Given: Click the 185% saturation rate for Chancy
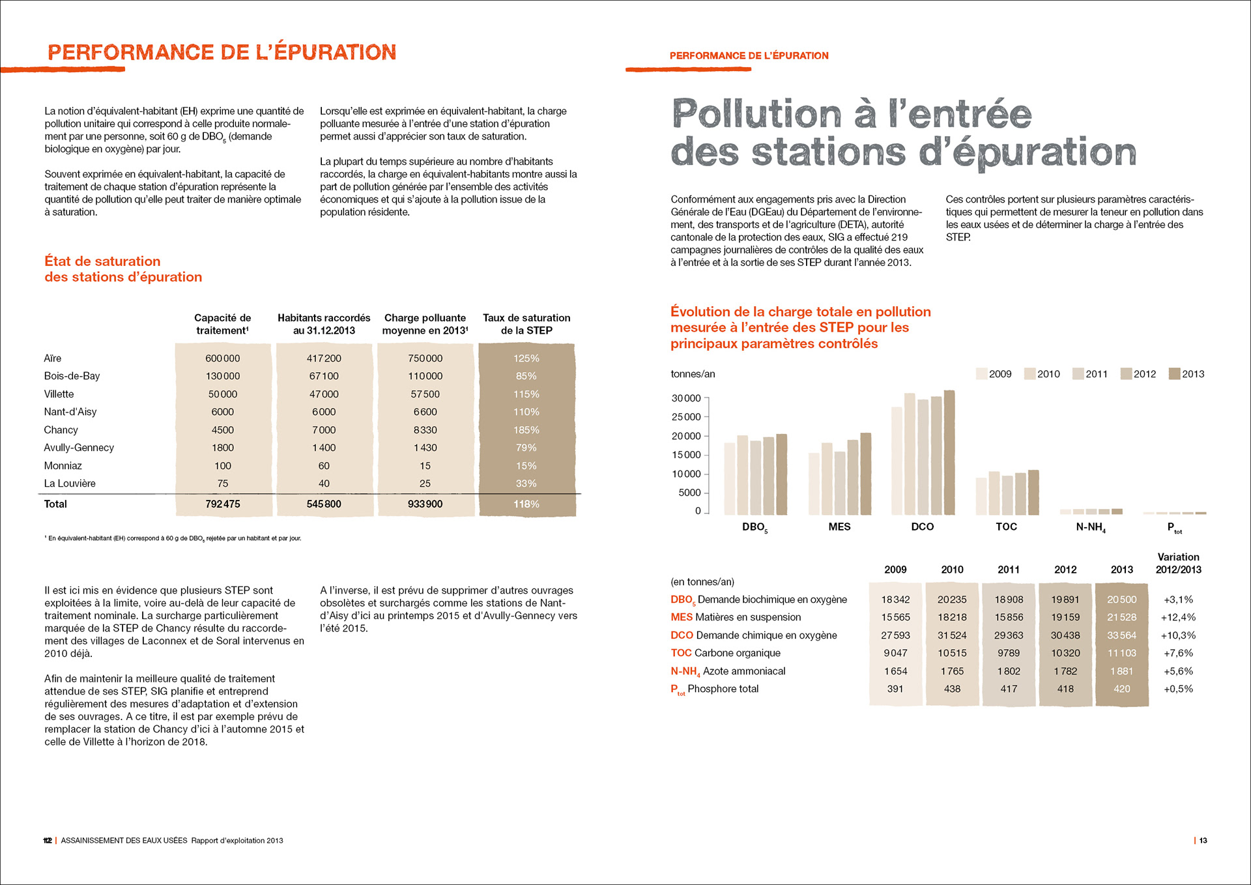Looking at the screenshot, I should [x=526, y=430].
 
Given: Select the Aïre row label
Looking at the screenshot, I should [x=53, y=358].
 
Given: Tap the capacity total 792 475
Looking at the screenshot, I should [x=222, y=504].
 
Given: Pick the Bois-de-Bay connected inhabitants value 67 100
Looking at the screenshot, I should [x=324, y=376].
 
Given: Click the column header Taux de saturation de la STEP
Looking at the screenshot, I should [x=526, y=324].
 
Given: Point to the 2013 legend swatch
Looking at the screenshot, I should [x=1174, y=374].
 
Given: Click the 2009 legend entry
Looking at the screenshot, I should [x=994, y=374].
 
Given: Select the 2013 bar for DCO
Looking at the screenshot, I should [x=949, y=452].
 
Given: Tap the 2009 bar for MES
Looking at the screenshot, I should [x=814, y=484].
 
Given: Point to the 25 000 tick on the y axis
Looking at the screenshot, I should [x=686, y=417].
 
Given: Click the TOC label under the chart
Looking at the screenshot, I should [x=1006, y=527].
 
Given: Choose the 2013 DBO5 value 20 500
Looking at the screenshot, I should [x=1121, y=600].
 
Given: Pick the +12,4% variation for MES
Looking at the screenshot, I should [x=1178, y=617].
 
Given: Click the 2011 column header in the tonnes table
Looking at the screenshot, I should [x=1009, y=570].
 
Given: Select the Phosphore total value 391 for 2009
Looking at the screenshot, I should [x=895, y=689].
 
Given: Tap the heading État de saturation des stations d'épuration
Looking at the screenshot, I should [x=123, y=269].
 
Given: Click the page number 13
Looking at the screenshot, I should [x=1203, y=841].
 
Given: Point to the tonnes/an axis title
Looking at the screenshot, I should [x=693, y=374].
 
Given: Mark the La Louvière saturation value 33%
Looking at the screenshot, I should [x=526, y=484].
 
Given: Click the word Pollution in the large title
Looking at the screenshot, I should [x=756, y=114].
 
